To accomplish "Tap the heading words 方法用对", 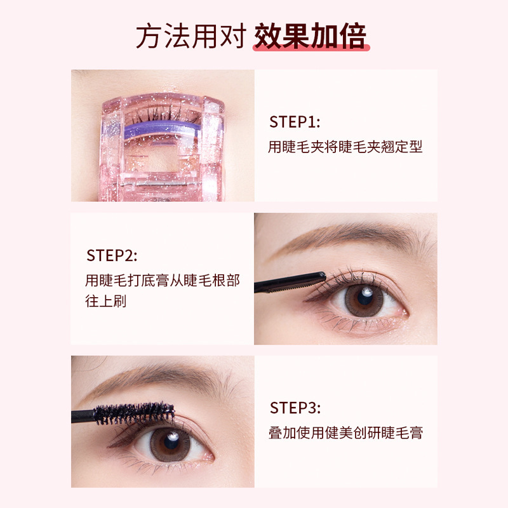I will [190, 36].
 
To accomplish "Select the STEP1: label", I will [295, 122].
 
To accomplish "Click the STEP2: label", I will [112, 256].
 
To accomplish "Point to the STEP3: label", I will [295, 408].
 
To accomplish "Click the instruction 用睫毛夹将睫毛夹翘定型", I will [345, 147].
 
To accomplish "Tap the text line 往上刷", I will [106, 301].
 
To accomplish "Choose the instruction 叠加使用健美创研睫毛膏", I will [345, 433].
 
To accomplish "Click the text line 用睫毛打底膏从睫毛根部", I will [163, 280].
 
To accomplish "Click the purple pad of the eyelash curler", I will [163, 130].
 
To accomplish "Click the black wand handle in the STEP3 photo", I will [83, 417].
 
